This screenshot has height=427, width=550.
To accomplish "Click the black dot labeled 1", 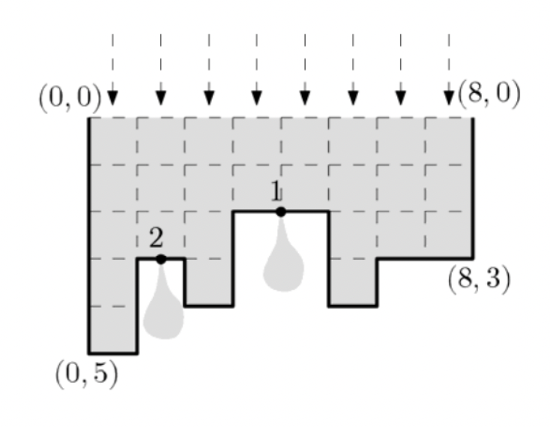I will (281, 212).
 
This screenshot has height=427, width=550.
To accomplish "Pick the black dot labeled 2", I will (161, 259).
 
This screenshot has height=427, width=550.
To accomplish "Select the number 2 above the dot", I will (156, 239).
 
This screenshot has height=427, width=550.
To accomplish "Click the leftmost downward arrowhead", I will (112, 97).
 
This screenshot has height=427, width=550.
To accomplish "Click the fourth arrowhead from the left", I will (256, 97).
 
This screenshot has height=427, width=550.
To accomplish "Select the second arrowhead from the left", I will (160, 97).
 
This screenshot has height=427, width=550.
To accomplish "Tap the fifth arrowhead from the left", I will (304, 97).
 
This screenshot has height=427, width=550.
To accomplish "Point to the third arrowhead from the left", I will (208, 97).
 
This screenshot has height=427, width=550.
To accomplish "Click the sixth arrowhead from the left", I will (352, 97).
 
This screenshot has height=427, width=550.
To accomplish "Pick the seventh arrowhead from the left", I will (400, 97).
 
